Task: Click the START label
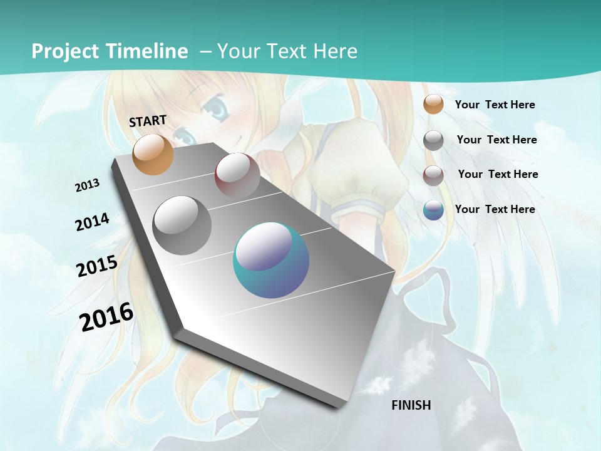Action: [x=148, y=121]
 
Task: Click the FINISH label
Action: [x=411, y=405]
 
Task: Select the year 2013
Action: [x=87, y=185]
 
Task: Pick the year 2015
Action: [x=97, y=266]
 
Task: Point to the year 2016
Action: [x=106, y=317]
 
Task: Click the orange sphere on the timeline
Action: [x=153, y=154]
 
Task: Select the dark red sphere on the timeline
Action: [x=237, y=175]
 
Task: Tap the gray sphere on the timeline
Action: [x=182, y=225]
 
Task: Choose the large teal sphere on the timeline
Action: [x=271, y=260]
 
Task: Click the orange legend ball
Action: [x=433, y=104]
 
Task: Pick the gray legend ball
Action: [x=433, y=140]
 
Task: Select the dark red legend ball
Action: [x=433, y=175]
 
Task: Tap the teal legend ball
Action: [x=433, y=210]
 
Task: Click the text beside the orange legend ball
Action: [x=495, y=105]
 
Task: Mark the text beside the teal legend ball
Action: [x=495, y=209]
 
